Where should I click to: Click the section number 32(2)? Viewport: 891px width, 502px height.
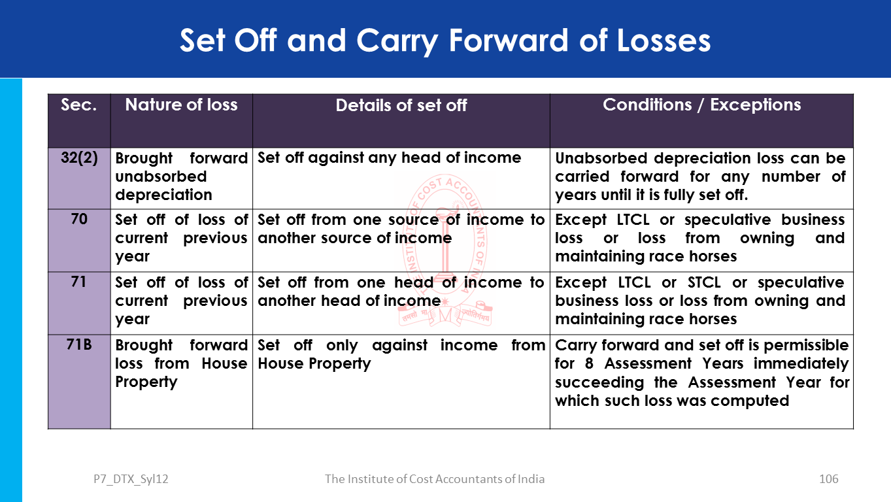pos(79,158)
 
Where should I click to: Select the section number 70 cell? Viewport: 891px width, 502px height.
pos(79,241)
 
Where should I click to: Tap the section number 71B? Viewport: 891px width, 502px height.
pos(79,344)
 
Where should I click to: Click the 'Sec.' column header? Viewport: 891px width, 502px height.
pos(78,105)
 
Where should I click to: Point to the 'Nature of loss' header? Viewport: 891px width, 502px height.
pos(181,105)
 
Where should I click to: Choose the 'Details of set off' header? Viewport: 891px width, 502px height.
pos(401,105)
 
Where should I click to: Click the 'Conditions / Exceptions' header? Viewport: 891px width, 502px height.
pos(701,105)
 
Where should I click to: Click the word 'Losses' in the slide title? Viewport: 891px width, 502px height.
pos(664,41)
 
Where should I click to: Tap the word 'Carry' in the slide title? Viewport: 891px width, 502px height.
pos(397,42)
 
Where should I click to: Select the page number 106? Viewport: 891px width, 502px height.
pos(828,479)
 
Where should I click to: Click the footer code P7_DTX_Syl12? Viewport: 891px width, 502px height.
pos(131,479)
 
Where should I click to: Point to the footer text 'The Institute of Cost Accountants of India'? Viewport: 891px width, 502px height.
pos(434,479)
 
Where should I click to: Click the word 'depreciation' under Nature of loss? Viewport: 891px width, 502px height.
pos(163,195)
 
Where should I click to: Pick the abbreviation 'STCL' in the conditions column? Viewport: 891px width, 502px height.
pos(704,282)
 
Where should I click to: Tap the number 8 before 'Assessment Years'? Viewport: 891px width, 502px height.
pos(589,363)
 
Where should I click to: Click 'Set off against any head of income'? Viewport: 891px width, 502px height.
pos(389,158)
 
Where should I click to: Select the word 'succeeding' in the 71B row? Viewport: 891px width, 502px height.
pos(599,383)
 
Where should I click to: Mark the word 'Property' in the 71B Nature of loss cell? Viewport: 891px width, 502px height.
pos(146,382)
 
